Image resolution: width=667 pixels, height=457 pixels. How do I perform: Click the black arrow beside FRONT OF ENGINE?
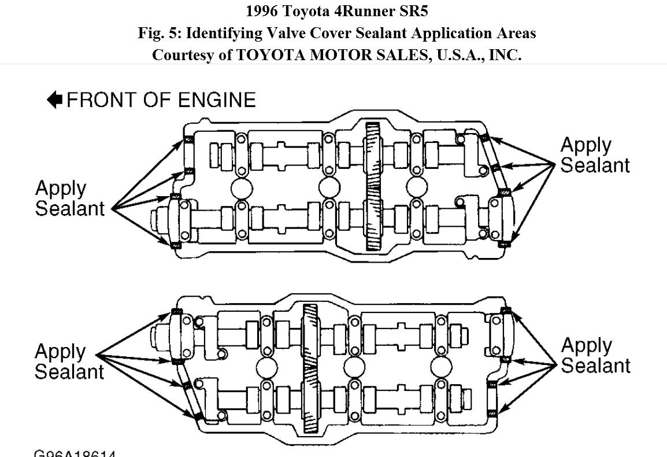[x=54, y=99]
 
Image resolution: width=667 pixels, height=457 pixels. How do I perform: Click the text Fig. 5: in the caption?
[x=160, y=33]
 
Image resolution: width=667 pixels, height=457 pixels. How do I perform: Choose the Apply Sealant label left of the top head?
[x=69, y=198]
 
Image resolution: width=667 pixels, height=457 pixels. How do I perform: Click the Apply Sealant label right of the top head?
[x=594, y=154]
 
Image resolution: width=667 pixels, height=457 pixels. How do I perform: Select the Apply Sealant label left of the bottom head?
[x=69, y=362]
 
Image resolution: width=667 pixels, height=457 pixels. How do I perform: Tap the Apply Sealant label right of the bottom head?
[x=595, y=356]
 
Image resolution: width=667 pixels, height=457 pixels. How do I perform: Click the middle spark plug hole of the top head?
[x=329, y=187]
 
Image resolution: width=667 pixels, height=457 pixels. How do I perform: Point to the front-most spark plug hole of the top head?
[x=241, y=188]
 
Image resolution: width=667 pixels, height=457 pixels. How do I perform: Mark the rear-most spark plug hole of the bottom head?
[x=441, y=367]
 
